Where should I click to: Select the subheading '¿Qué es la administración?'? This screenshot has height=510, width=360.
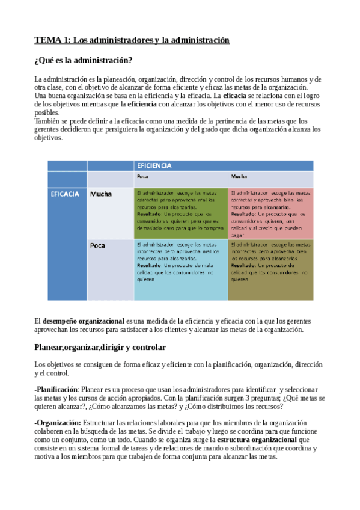84,61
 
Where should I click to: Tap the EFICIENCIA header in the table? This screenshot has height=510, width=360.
154,165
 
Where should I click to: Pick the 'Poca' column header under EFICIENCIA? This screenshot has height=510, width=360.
143,177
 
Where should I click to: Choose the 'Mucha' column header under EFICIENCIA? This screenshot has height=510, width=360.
239,177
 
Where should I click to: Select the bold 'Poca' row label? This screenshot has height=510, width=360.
98,246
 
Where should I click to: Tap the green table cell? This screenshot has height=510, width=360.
181,214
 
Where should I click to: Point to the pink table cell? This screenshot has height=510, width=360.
271,214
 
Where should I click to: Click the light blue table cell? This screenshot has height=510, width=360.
181,270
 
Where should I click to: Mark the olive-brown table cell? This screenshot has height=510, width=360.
271,270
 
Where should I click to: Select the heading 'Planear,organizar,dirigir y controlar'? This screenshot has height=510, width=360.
100,348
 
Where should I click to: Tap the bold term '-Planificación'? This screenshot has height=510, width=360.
56,390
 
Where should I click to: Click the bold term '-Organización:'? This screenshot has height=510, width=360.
57,423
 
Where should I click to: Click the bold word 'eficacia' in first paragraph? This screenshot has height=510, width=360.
234,96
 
